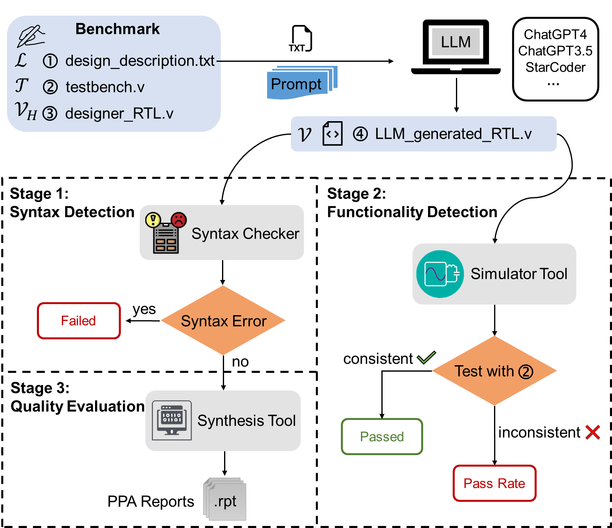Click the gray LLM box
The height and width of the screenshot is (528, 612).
tap(456, 42)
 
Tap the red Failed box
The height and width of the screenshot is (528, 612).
tap(79, 321)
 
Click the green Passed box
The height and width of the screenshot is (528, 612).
tap(382, 437)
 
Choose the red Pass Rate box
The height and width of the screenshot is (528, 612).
tap(494, 483)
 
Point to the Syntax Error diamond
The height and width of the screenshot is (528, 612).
tap(223, 321)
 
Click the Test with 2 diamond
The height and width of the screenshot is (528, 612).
tap(494, 371)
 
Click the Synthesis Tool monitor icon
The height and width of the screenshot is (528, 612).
tap(172, 420)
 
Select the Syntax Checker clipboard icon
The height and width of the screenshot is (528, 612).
tap(166, 233)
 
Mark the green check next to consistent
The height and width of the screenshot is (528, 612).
tap(426, 358)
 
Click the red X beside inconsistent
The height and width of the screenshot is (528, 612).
tap(593, 432)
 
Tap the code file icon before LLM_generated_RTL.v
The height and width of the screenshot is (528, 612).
tap(332, 134)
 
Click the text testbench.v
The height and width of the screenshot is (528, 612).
tap(105, 87)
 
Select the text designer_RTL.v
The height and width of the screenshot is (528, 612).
tap(119, 113)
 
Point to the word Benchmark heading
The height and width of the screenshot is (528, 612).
tap(118, 29)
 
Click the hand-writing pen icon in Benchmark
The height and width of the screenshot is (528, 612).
tap(31, 36)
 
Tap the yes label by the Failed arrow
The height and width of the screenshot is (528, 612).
tap(144, 309)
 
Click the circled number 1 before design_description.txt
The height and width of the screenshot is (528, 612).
tap(50, 61)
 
